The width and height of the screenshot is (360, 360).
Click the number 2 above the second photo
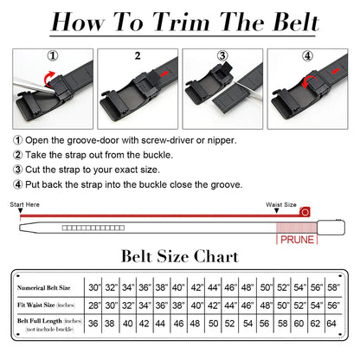135,55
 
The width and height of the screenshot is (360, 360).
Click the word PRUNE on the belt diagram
295,237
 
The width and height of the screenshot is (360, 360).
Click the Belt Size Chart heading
179,258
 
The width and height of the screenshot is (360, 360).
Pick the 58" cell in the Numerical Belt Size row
335,285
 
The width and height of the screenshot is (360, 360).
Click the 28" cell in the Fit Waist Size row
94,305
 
